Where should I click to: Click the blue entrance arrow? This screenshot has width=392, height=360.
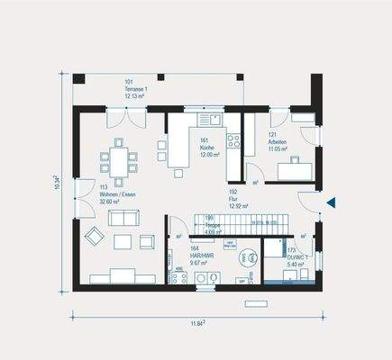point(331,202)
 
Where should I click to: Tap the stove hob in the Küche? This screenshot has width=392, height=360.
point(233,140)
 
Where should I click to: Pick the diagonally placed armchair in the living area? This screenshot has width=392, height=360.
point(95,236)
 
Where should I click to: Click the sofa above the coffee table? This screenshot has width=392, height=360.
point(123,218)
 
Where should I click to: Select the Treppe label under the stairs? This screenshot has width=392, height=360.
point(209,226)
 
